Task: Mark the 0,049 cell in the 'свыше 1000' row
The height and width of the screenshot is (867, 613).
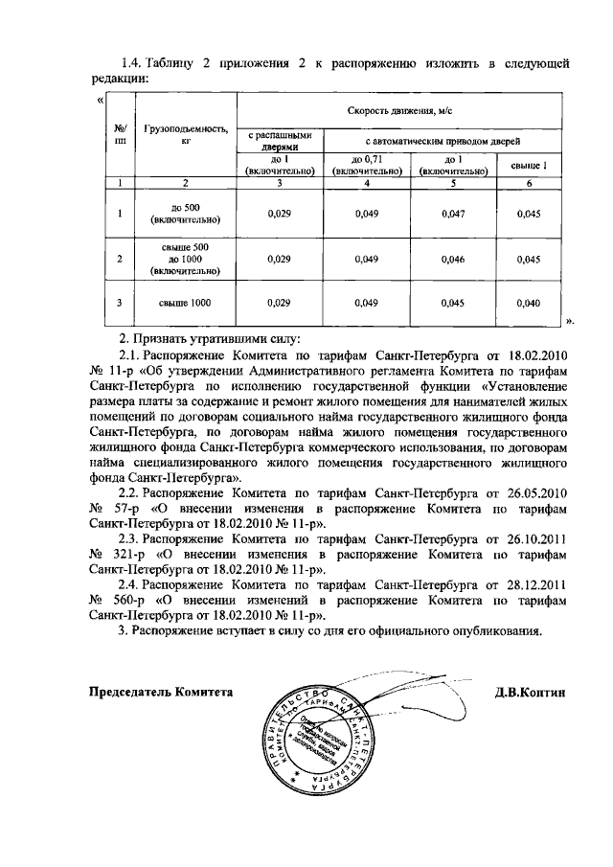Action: pyautogui.click(x=367, y=304)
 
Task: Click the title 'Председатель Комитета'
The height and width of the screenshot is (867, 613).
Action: pyautogui.click(x=161, y=692)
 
